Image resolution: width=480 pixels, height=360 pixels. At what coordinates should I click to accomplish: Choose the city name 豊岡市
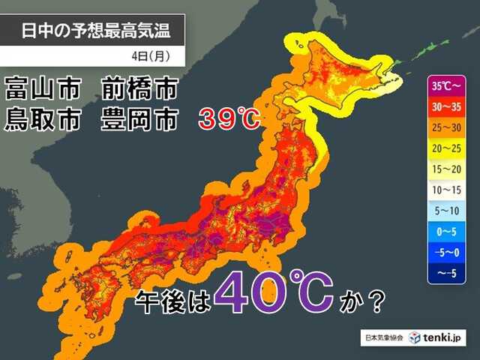pyautogui.click(x=139, y=119)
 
